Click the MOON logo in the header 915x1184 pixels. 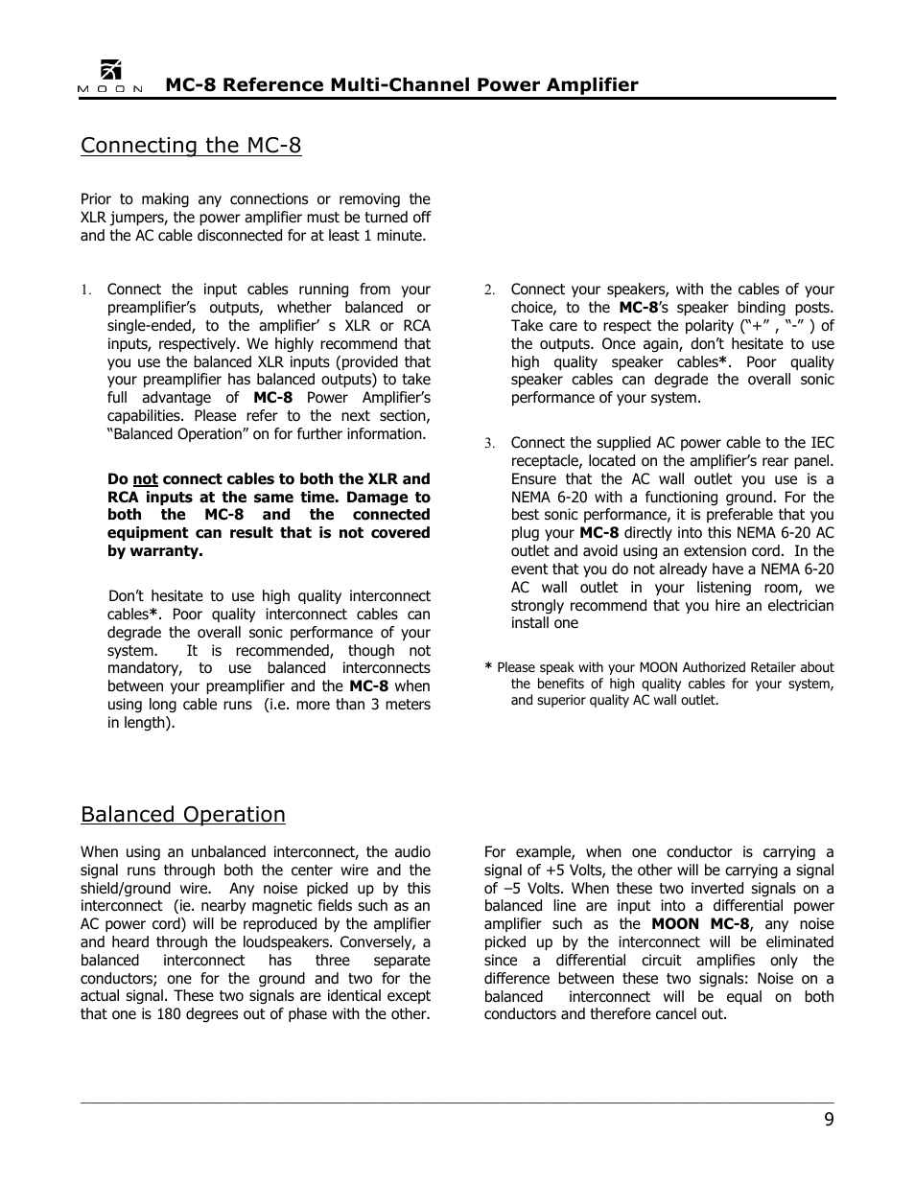point(110,78)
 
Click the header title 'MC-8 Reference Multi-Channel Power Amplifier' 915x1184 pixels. point(401,84)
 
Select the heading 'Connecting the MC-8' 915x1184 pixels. point(191,145)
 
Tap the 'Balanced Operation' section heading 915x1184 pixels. point(183,814)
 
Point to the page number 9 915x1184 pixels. point(828,1121)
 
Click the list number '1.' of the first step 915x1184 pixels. point(85,290)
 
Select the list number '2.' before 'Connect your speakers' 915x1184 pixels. point(489,290)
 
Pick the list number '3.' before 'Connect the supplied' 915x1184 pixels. point(489,444)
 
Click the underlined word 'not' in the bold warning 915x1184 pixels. point(145,479)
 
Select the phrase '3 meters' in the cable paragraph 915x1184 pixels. point(402,705)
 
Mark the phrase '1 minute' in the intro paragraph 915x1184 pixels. point(394,236)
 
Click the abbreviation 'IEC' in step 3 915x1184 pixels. point(822,443)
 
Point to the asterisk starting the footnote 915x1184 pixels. point(488,668)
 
